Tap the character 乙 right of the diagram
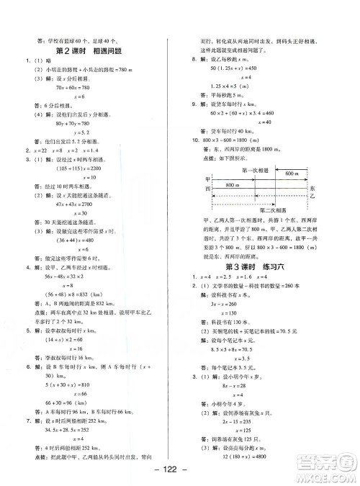tap(312, 195)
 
